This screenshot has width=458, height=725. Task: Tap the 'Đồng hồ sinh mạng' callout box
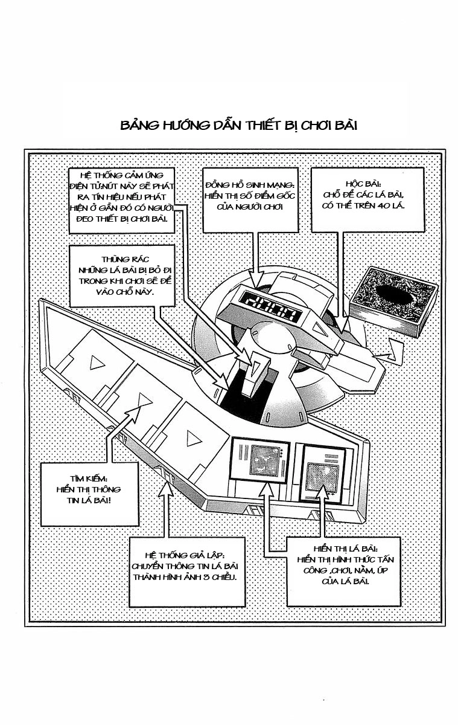pyautogui.click(x=249, y=200)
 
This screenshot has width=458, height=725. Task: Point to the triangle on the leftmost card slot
pyautogui.click(x=95, y=362)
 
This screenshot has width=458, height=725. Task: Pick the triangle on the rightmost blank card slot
pyautogui.click(x=192, y=437)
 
